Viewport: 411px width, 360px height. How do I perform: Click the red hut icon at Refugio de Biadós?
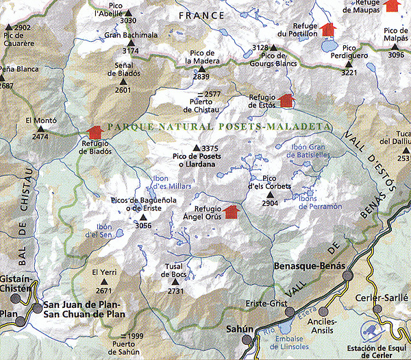click(x=95, y=130)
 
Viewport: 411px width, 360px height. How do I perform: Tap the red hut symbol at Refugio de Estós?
click(x=287, y=101)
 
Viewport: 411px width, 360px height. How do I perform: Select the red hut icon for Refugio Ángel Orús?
click(x=231, y=211)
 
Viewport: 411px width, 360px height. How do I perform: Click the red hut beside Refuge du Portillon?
click(x=329, y=29)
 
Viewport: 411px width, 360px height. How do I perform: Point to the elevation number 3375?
click(x=210, y=148)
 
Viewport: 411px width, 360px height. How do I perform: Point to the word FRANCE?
click(x=201, y=15)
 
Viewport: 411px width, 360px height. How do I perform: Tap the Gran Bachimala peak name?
click(x=132, y=35)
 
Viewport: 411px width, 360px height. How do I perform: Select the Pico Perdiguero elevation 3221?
click(x=349, y=71)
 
